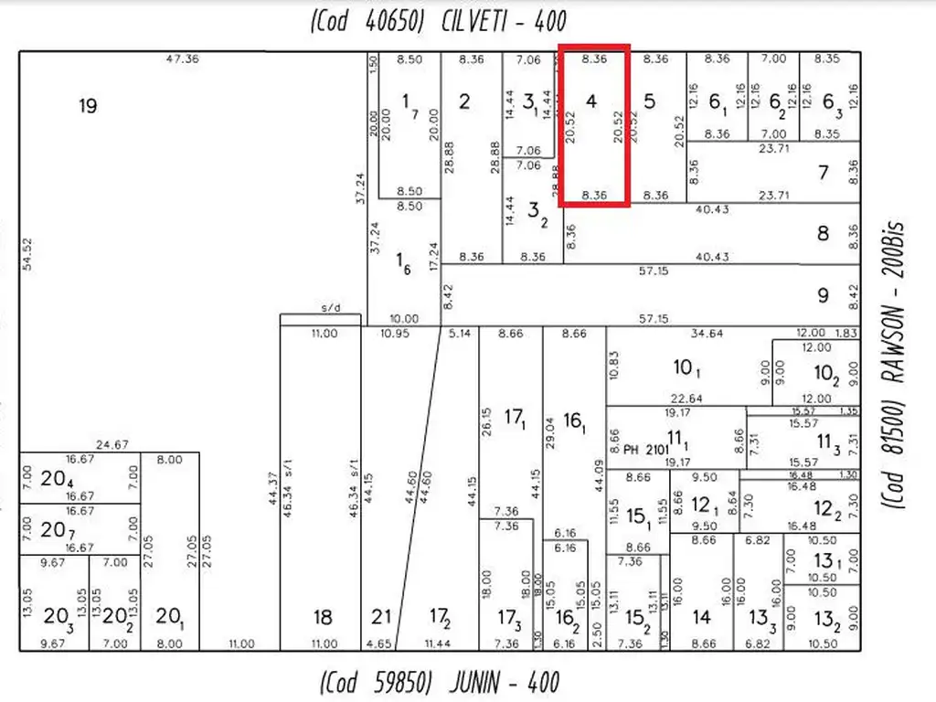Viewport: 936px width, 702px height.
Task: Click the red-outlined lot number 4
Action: click(x=591, y=101)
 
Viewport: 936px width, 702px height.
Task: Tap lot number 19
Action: click(x=87, y=106)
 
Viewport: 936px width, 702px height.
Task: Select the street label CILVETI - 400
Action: click(x=438, y=20)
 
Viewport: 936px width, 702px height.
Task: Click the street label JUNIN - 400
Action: click(x=440, y=682)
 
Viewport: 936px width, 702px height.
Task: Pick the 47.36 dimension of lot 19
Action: click(x=183, y=59)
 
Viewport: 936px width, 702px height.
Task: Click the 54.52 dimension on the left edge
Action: click(x=28, y=254)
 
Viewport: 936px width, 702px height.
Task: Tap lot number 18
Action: click(x=323, y=618)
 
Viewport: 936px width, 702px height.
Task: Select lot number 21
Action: click(x=382, y=618)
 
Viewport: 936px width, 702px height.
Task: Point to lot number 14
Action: click(x=701, y=618)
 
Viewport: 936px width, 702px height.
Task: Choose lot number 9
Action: click(x=823, y=295)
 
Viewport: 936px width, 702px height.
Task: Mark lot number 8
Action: click(x=823, y=233)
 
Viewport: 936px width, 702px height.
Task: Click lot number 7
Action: click(x=823, y=172)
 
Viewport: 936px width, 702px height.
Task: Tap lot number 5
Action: click(x=649, y=101)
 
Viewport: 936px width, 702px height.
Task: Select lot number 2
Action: click(x=464, y=101)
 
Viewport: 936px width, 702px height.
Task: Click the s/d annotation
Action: click(x=330, y=308)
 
